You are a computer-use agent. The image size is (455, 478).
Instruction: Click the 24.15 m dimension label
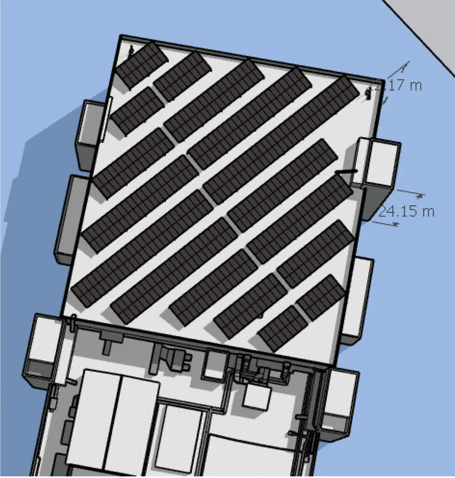pos(406,211)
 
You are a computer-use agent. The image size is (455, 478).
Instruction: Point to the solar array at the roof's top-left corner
pos(141,64)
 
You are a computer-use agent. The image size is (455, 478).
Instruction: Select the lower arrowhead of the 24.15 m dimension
pos(395,225)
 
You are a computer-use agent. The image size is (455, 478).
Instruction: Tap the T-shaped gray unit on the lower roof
pos(108,340)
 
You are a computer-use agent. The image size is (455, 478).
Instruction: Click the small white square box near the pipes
pos(256,397)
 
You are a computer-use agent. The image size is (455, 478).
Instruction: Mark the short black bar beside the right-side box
pos(347,172)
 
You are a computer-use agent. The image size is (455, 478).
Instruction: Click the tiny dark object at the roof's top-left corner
pos(131,49)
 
